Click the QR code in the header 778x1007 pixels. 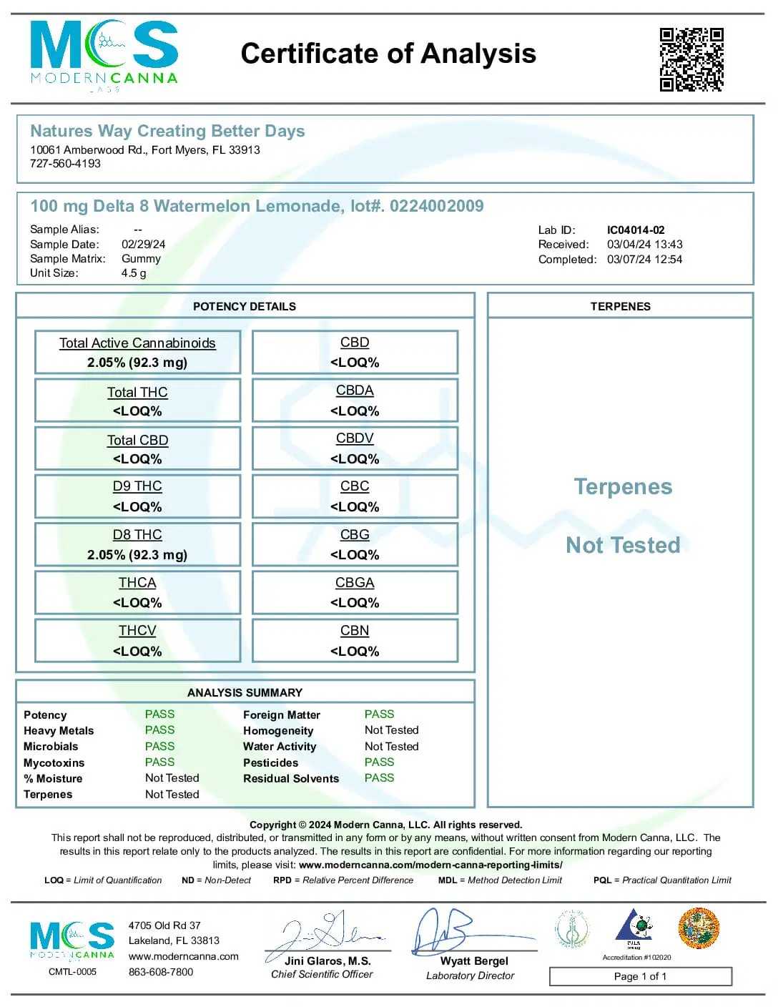pos(691,60)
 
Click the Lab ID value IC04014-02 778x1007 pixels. pos(636,230)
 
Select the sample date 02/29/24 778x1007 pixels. pos(143,245)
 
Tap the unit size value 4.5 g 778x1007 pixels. pos(134,273)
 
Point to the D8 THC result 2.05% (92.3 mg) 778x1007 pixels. pos(137,555)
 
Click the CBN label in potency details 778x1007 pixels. pos(355,631)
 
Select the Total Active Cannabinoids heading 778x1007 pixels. pos(137,343)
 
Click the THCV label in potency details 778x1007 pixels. pos(137,631)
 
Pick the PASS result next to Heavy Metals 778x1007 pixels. pos(159,730)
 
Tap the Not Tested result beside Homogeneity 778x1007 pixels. pos(391,730)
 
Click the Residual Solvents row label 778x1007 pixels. pos(291,779)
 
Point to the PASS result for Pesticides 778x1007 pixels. pos(379,762)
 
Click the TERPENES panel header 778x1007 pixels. pos(620,306)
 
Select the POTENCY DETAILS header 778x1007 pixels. pos(245,306)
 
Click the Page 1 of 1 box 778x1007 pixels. pos(640,976)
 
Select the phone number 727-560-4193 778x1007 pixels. pos(65,164)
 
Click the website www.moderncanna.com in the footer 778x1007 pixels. pos(183,956)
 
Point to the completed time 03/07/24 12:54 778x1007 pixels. pos(644,260)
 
